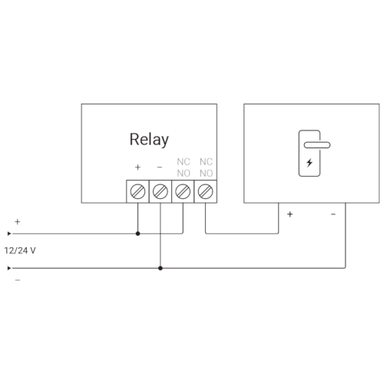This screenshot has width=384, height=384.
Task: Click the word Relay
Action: [149, 140]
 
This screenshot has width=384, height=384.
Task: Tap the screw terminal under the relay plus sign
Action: [137, 191]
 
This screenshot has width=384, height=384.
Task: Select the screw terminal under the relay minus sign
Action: [161, 191]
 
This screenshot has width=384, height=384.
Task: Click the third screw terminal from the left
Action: [183, 191]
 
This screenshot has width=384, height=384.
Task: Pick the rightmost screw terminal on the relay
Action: [205, 191]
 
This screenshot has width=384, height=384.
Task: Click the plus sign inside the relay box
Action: [137, 167]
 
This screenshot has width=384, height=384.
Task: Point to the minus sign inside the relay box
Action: [160, 167]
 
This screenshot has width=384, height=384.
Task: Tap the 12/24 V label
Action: [20, 250]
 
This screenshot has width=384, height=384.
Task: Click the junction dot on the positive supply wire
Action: [137, 233]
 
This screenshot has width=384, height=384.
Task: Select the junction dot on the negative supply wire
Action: [161, 268]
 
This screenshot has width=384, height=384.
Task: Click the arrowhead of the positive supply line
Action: [9, 233]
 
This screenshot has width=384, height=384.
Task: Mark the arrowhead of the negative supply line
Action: [9, 268]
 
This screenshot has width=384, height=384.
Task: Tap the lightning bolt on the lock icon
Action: [310, 163]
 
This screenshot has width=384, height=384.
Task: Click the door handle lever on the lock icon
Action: [317, 145]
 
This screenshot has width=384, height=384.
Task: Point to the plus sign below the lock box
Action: [290, 214]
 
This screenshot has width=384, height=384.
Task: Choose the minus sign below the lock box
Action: [333, 214]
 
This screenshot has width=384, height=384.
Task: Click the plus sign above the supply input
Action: [18, 221]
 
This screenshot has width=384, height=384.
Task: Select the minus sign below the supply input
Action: [18, 280]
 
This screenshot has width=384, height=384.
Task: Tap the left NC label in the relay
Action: [184, 162]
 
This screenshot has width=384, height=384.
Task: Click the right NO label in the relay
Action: [206, 174]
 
